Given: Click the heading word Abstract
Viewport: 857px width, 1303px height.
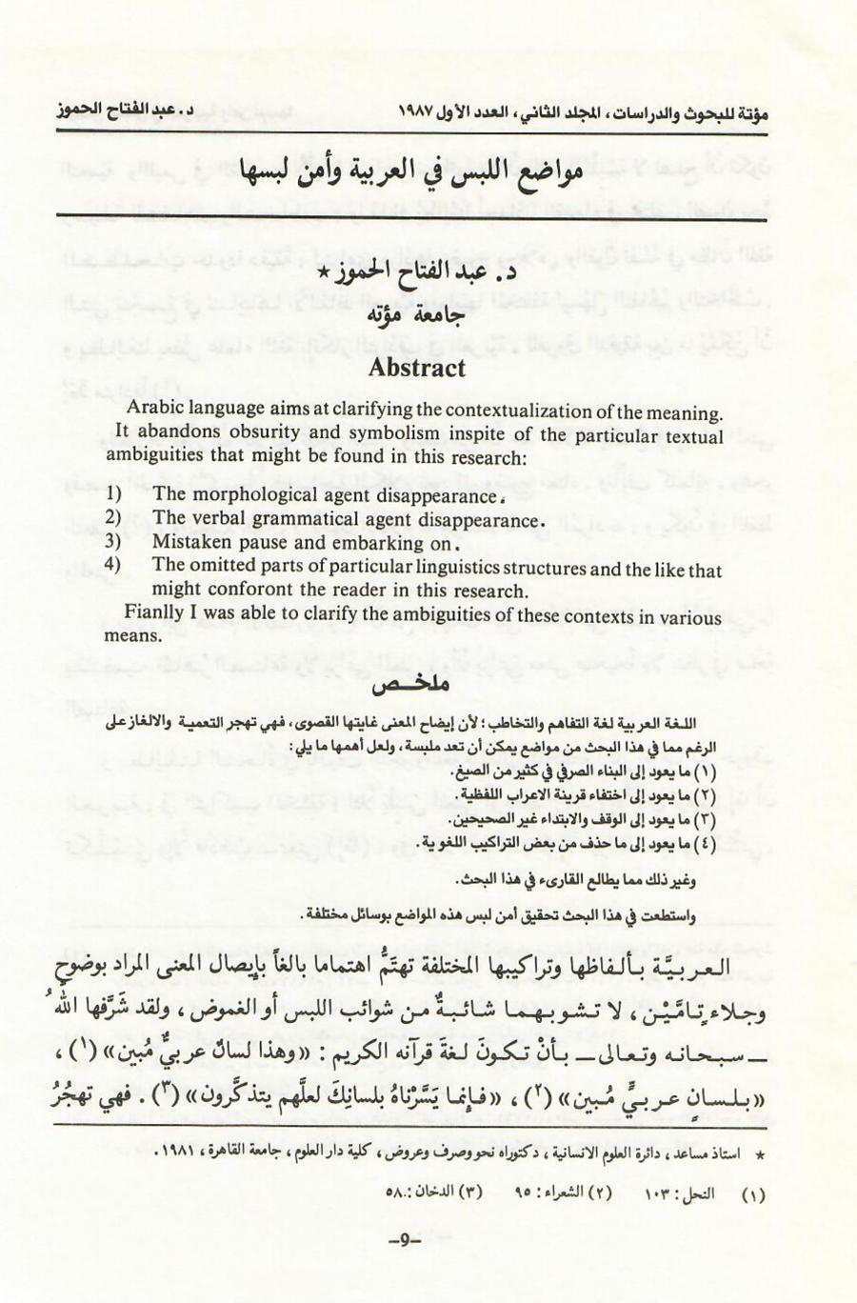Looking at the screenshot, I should (416, 369).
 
